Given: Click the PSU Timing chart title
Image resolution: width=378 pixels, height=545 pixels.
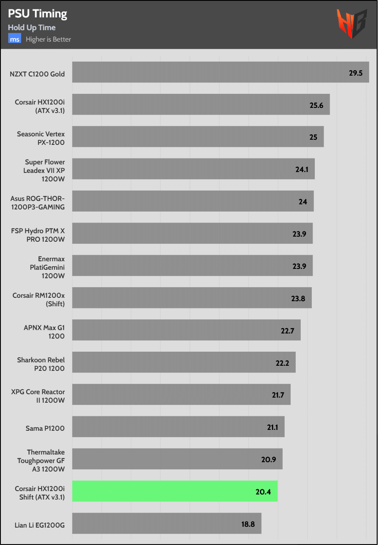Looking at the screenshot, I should click(37, 14).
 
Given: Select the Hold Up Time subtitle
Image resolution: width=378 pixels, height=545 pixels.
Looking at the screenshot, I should click(32, 28).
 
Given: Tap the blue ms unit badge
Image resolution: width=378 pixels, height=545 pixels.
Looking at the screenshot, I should click(14, 39).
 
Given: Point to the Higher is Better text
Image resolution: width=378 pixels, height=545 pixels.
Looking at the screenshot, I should click(48, 40).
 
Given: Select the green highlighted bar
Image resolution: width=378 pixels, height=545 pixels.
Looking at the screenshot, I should click(175, 491).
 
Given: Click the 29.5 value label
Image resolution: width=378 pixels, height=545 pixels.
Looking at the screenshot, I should click(356, 73).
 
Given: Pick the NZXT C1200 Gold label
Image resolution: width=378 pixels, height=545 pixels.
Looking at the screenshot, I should click(37, 74).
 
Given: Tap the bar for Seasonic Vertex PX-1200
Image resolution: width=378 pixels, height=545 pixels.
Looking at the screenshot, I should click(198, 136).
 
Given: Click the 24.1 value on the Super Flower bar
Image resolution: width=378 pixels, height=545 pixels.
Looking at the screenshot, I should click(302, 169).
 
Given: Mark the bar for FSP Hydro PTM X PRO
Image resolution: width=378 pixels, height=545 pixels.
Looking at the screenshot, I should click(192, 233).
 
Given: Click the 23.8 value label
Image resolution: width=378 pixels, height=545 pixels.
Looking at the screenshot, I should click(298, 298).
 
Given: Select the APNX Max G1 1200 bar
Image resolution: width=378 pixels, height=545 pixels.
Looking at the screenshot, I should click(186, 330).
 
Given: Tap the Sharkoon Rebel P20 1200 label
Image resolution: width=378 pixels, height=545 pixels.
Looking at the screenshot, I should click(41, 364).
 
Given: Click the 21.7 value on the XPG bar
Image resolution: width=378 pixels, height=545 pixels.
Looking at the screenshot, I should click(278, 395).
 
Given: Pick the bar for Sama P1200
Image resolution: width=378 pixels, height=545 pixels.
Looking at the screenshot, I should click(178, 426).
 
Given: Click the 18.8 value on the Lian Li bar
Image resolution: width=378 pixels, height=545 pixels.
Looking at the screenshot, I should click(248, 524).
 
